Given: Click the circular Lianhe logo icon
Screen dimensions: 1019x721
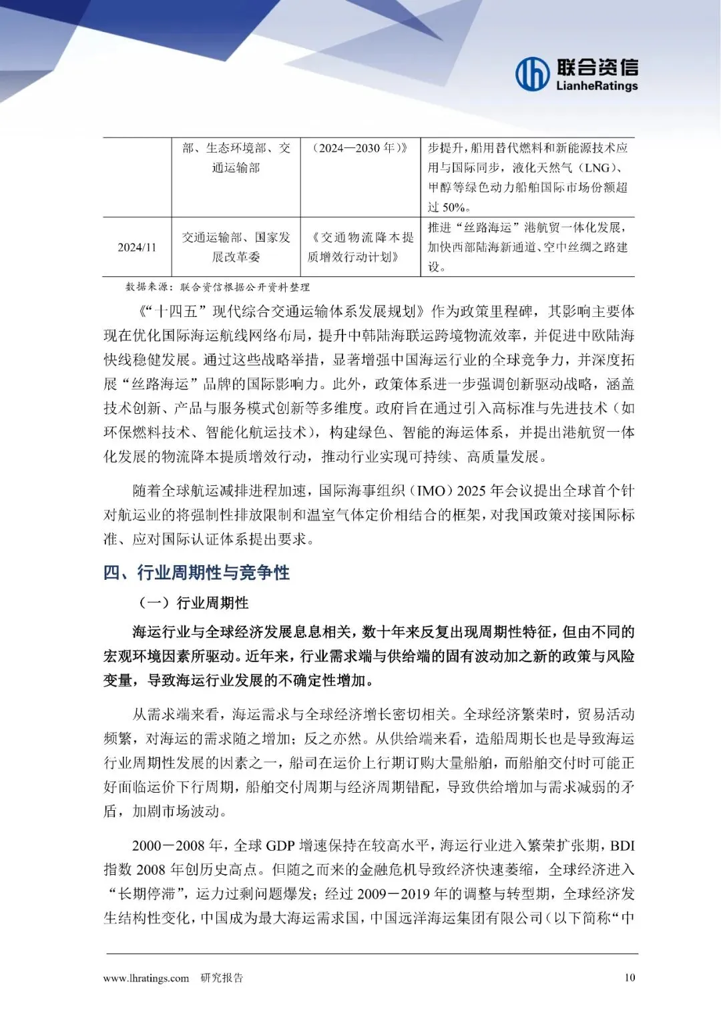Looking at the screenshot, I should tap(532, 74).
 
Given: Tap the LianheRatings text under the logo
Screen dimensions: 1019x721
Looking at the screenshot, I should tap(597, 86).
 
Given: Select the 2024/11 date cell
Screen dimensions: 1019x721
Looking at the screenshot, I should tap(137, 247).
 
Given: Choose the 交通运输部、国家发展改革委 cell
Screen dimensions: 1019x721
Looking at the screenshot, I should tap(236, 247).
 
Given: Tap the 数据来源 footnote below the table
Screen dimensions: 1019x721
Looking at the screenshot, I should tap(218, 287).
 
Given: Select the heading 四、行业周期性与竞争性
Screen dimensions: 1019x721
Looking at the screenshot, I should tap(196, 573).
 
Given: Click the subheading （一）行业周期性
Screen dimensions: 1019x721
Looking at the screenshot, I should tap(193, 603).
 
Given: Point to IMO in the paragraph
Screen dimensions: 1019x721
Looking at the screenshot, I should tap(431, 491).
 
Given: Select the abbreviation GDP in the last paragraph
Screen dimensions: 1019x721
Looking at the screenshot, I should tap(280, 846).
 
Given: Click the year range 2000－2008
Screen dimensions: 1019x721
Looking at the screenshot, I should tap(169, 846).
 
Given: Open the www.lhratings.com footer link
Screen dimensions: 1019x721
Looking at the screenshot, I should tap(146, 978).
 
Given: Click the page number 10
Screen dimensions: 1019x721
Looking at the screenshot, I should tap(630, 978).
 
